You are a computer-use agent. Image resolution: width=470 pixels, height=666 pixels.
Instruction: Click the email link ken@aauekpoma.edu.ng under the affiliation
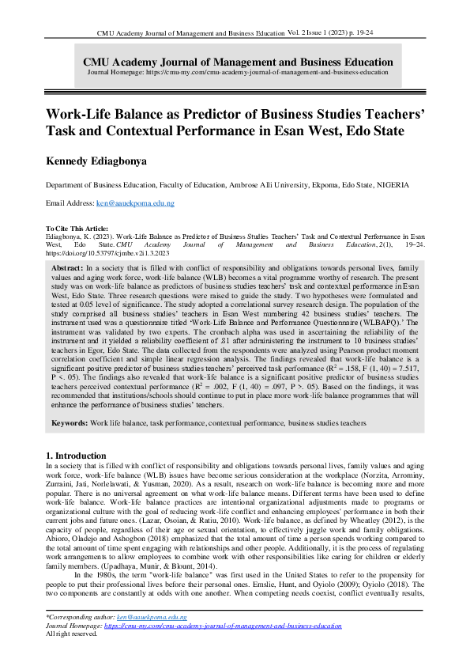coord(135,204)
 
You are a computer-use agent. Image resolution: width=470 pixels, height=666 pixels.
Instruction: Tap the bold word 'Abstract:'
coord(69,269)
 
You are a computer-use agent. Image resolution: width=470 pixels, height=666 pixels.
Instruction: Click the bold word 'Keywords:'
coord(70,423)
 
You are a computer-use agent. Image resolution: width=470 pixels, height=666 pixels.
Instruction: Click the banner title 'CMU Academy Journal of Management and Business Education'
coord(238,62)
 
